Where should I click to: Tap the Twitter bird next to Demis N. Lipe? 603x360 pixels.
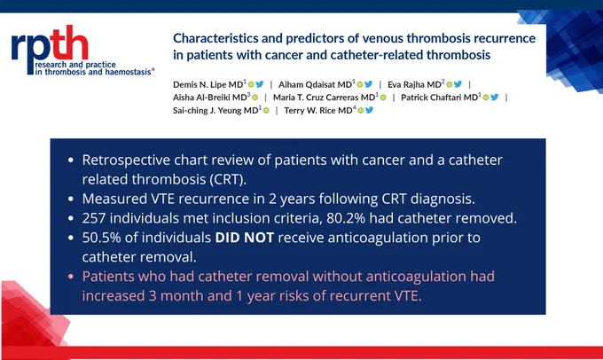point(260,84)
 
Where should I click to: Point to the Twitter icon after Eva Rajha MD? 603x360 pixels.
point(458,84)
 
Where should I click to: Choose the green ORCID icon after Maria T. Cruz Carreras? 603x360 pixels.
point(383,98)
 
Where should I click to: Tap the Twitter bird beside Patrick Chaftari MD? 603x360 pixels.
point(495,98)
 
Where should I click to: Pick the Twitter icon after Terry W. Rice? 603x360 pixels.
point(369,110)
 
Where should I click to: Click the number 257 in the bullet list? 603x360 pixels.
point(94,218)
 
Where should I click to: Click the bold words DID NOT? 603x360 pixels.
point(245,238)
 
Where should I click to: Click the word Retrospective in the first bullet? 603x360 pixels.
point(126,160)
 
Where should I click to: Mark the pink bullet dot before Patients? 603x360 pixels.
point(71,276)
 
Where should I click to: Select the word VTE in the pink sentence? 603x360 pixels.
point(408,296)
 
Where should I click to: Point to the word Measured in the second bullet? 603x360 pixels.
point(114,199)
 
